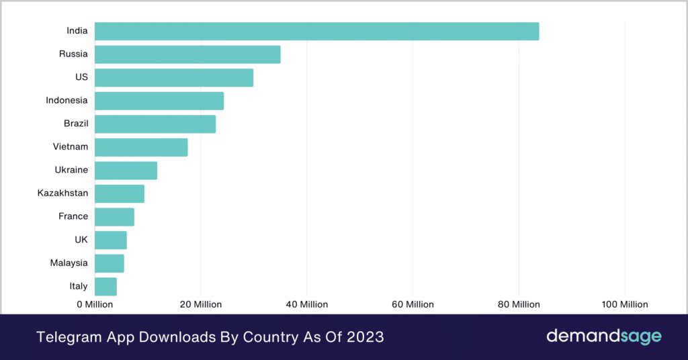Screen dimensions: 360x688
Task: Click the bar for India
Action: pyautogui.click(x=316, y=31)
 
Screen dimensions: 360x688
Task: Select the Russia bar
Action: pyautogui.click(x=187, y=54)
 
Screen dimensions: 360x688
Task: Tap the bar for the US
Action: pyautogui.click(x=174, y=78)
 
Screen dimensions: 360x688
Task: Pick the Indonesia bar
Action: pyautogui.click(x=159, y=101)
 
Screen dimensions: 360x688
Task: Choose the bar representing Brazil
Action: pyautogui.click(x=155, y=124)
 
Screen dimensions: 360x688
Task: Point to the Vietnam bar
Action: pyautogui.click(x=141, y=147)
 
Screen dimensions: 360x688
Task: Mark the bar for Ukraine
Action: pyautogui.click(x=126, y=171)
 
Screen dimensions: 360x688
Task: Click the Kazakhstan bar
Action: pyautogui.click(x=120, y=193)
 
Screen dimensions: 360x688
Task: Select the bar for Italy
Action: pyautogui.click(x=105, y=286)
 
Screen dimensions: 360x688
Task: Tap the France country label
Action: pyautogui.click(x=73, y=216)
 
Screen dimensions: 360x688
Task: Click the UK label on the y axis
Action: pyautogui.click(x=81, y=240)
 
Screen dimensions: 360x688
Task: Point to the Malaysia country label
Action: pyautogui.click(x=69, y=263)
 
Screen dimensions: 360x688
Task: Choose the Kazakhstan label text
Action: pyautogui.click(x=62, y=193)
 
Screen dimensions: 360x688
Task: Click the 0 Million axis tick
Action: pyautogui.click(x=94, y=304)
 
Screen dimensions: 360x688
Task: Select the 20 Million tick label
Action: pyautogui.click(x=200, y=304)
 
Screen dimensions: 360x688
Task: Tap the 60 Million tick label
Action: pyautogui.click(x=413, y=304)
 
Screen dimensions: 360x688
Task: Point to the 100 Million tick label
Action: pyautogui.click(x=625, y=304)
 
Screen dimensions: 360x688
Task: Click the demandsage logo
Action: pyautogui.click(x=604, y=336)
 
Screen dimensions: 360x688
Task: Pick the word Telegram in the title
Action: pyautogui.click(x=65, y=336)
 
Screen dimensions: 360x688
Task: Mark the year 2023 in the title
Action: pyautogui.click(x=363, y=336)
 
